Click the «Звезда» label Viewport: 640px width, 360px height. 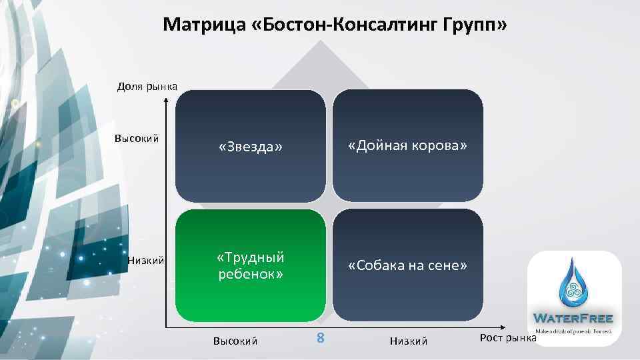[251, 147]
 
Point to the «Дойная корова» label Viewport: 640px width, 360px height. [407, 145]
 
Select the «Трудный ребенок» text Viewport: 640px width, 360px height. [251, 265]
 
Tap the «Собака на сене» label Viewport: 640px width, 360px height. [407, 265]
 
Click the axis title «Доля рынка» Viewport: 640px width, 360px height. [147, 86]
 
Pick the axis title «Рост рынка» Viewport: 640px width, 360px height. [508, 337]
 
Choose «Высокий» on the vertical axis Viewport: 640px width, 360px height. [137, 139]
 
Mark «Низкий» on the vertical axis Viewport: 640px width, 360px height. [146, 261]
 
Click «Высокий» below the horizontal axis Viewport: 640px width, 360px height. [235, 341]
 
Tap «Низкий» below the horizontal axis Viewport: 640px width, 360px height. [408, 341]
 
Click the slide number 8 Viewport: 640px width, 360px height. [320, 338]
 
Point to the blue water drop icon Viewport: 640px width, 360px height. [574, 283]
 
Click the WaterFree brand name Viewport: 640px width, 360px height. [574, 317]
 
